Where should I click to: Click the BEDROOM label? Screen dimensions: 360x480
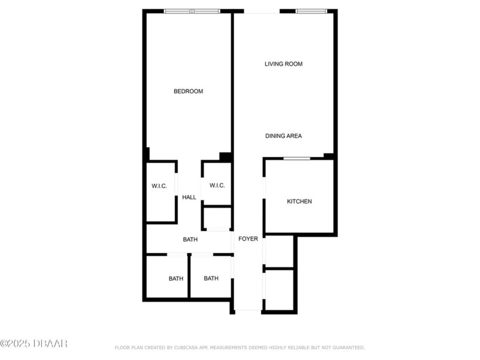point(188,91)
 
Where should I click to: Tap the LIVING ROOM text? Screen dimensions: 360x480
point(283,64)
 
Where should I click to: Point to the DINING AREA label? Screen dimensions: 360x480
point(283,136)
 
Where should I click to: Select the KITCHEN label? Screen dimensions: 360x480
point(299,201)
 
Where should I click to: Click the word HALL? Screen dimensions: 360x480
point(189,197)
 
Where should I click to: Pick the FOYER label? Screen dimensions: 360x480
point(248,239)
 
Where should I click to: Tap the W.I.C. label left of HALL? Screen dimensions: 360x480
point(159,186)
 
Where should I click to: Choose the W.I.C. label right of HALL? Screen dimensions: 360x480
point(217,185)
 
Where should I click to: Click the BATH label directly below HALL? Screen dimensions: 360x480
point(190,239)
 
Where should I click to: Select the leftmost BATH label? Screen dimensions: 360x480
point(176,279)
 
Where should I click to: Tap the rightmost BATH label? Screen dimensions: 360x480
point(211,279)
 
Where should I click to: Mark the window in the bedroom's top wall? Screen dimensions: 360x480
point(192,11)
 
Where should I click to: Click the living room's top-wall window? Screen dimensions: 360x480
point(311,11)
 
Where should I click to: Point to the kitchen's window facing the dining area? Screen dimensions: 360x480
point(297,158)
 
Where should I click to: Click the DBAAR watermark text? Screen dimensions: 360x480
point(34,343)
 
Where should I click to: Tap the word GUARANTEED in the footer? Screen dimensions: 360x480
point(345,347)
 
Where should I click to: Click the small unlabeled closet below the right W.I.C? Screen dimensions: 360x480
point(217,218)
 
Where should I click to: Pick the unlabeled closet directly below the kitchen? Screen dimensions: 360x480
point(279,251)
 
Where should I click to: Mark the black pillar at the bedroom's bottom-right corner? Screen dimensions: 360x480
point(226,157)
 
